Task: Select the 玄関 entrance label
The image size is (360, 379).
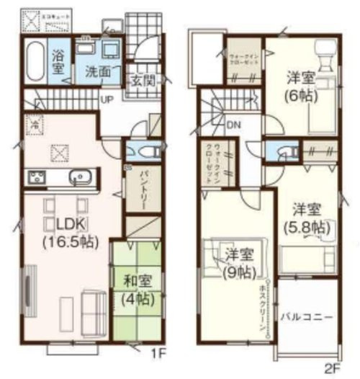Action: pyautogui.click(x=140, y=81)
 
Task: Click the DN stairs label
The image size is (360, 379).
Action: pyautogui.click(x=233, y=125)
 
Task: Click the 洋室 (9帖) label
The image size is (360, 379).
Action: pyautogui.click(x=238, y=263)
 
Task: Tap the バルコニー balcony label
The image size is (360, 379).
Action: pyautogui.click(x=307, y=316)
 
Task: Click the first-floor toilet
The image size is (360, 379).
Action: pyautogui.click(x=144, y=152)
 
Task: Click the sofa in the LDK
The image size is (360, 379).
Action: pyautogui.click(x=94, y=309)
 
